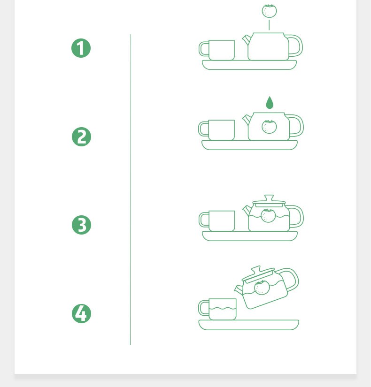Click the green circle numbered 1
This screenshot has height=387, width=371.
[x=81, y=48]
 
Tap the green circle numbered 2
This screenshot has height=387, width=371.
[x=81, y=137]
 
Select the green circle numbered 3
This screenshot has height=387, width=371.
[x=81, y=225]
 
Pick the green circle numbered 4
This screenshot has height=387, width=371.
[x=81, y=313]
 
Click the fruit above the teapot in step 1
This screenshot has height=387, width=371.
[x=269, y=11]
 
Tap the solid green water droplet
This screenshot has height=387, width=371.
[x=270, y=103]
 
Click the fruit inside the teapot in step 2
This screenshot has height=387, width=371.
[x=269, y=127]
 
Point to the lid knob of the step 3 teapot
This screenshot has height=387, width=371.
[x=269, y=198]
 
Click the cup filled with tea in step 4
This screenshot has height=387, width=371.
[x=217, y=309]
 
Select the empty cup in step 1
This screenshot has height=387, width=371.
[x=217, y=50]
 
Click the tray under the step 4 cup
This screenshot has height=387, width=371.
[x=248, y=325]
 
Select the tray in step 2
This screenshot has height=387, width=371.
[x=250, y=145]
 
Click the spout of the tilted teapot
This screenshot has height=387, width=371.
[x=239, y=290]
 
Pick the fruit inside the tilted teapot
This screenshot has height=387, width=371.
[x=262, y=288]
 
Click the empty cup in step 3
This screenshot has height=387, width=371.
[x=217, y=221]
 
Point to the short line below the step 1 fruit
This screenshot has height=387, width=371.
[x=269, y=25]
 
